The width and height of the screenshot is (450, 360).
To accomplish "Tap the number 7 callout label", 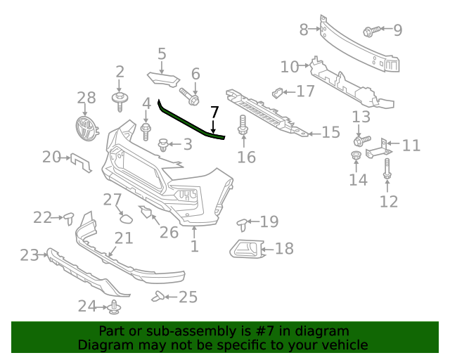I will click(214, 111).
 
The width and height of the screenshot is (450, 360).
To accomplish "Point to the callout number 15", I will click(330, 132).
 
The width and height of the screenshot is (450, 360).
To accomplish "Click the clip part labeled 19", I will click(243, 224).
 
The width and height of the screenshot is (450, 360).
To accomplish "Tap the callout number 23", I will click(29, 255).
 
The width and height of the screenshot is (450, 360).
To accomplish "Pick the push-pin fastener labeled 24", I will click(115, 307).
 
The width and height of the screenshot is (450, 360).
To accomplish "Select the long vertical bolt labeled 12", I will click(387, 169).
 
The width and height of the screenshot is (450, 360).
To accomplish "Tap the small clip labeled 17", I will click(278, 91).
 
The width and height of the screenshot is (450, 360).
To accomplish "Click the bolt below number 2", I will click(120, 99).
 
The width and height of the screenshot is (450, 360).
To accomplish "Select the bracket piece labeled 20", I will click(81, 162).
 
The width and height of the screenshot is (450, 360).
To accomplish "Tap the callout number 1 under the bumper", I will click(194, 246).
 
